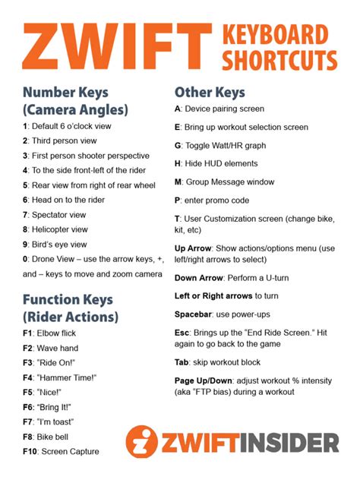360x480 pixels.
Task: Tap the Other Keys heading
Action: pyautogui.click(x=210, y=93)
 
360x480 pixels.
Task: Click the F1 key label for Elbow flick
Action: pyautogui.click(x=28, y=333)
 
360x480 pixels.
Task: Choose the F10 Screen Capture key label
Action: pyautogui.click(x=30, y=452)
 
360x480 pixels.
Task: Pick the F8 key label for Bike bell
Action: pyautogui.click(x=28, y=437)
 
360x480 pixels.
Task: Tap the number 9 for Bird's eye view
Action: pyautogui.click(x=25, y=244)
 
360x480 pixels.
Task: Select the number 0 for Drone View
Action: pyautogui.click(x=25, y=259)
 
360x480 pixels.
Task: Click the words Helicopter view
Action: pyautogui.click(x=59, y=229)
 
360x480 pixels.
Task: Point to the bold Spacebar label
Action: pyautogui.click(x=194, y=314)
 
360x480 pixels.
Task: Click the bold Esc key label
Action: pyautogui.click(x=182, y=333)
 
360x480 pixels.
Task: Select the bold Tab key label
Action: pyautogui.click(x=182, y=362)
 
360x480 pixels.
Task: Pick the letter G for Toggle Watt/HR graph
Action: pyautogui.click(x=178, y=145)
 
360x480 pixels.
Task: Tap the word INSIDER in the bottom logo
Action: pyautogui.click(x=291, y=442)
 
